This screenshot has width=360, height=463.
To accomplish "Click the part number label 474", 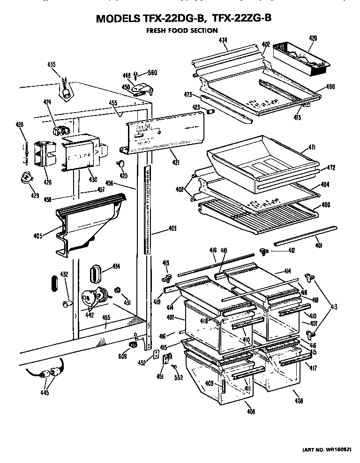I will [x=223, y=41].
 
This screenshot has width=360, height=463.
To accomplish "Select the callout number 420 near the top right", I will [x=314, y=38].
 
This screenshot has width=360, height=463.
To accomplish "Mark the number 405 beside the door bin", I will [x=38, y=235].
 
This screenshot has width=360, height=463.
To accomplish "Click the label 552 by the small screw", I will [x=178, y=377].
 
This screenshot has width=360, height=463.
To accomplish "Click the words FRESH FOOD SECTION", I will [x=182, y=30].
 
